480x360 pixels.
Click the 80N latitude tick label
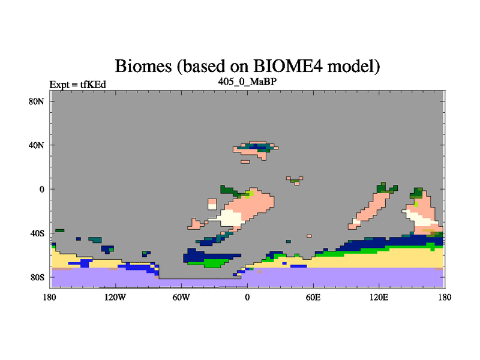tap(37, 101)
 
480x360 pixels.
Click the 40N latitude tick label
tap(37, 145)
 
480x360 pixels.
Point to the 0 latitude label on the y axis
tap(41, 189)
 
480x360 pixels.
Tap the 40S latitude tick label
tap(37, 233)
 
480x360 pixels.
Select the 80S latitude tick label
tap(37, 277)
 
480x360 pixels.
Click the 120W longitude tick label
tap(115, 297)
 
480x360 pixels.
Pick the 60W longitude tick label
tap(181, 297)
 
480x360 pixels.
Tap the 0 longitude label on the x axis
tap(247, 297)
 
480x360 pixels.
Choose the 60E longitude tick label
tap(313, 297)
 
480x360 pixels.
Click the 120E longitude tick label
tap(379, 297)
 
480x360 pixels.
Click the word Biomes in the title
tap(143, 66)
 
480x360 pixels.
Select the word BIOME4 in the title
tap(288, 65)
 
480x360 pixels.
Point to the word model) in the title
tap(353, 66)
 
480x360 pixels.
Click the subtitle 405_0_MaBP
tap(247, 82)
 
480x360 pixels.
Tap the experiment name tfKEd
tap(93, 85)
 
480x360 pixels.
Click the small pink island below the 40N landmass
tap(245, 161)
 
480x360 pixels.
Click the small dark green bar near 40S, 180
tap(59, 230)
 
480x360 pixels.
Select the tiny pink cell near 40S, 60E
tap(309, 236)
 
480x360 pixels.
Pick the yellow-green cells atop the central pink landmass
tap(250, 194)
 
